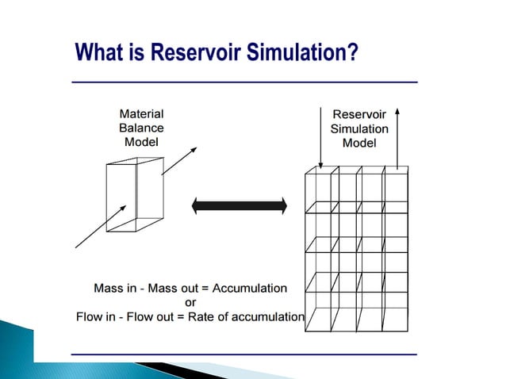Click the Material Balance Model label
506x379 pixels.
[x=141, y=128]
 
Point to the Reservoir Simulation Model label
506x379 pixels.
[x=359, y=128]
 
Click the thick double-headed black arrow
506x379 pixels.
[x=239, y=206]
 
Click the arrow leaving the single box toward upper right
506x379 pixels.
[x=182, y=160]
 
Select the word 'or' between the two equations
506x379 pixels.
[x=190, y=303]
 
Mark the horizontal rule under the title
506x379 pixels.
[x=244, y=82]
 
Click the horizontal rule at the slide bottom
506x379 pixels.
[x=244, y=354]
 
